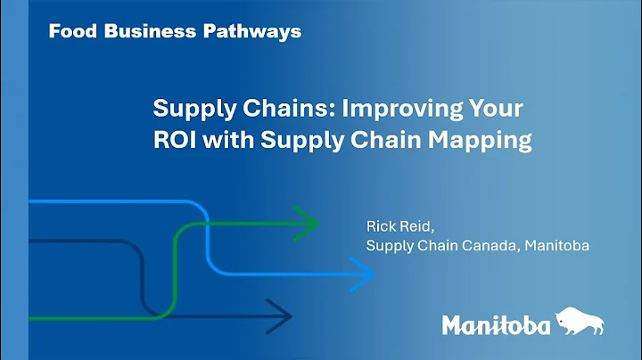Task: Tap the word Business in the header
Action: [142, 31]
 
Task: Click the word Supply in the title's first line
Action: [186, 110]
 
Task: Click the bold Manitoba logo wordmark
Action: [496, 326]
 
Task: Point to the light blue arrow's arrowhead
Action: [364, 275]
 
